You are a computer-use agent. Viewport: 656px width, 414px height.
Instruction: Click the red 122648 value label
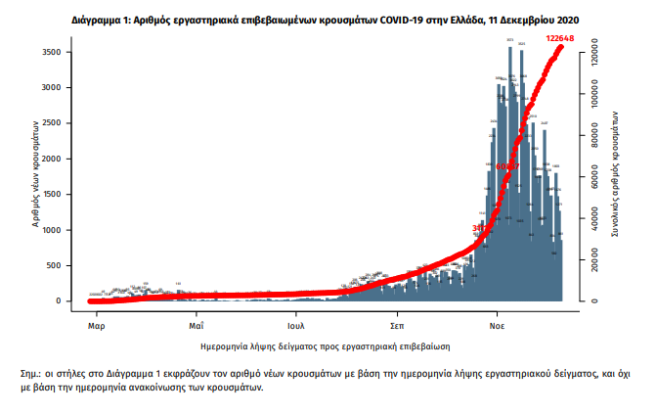pyautogui.click(x=561, y=38)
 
